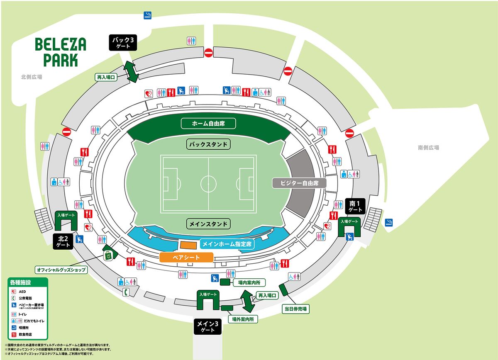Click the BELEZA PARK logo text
[61, 52]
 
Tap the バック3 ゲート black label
[123, 43]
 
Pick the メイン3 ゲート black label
[208, 326]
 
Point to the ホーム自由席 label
[208, 123]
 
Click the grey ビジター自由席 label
[299, 183]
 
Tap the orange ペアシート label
[186, 257]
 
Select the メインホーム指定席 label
[227, 244]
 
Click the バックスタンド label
[208, 144]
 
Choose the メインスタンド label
[208, 224]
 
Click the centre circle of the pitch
[208, 183]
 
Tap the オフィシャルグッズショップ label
[61, 270]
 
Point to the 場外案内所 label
[245, 319]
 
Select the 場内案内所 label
[249, 282]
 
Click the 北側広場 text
[32, 77]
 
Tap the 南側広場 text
[428, 148]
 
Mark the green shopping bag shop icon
[108, 256]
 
